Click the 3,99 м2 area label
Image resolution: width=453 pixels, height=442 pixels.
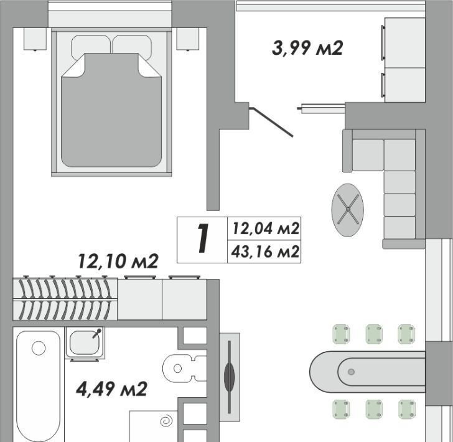point(307,48)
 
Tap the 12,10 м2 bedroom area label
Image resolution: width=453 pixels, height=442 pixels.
point(118,261)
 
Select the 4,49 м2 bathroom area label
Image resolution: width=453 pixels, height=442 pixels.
point(112,389)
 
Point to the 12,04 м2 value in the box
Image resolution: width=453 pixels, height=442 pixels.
point(266,228)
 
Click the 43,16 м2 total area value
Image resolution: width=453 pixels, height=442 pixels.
point(265,252)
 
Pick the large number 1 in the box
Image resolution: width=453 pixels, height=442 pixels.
point(203,239)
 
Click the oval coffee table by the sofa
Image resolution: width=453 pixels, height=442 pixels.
point(348,210)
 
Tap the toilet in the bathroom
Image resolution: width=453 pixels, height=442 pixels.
point(185,369)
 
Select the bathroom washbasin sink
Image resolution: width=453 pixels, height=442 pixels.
point(85,343)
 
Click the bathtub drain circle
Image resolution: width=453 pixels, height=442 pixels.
point(39,348)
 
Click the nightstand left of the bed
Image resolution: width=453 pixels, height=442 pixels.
point(35,39)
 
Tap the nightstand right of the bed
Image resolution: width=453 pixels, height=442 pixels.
point(188,39)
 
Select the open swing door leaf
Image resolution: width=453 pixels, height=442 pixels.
point(271,121)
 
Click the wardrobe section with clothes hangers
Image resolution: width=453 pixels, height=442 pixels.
point(65,299)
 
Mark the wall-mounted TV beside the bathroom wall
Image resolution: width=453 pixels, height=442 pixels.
point(230,377)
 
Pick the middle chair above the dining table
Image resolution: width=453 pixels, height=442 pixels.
point(374,334)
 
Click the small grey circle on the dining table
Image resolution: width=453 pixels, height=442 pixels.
point(352,372)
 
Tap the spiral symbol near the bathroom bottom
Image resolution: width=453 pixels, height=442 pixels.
point(166,421)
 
